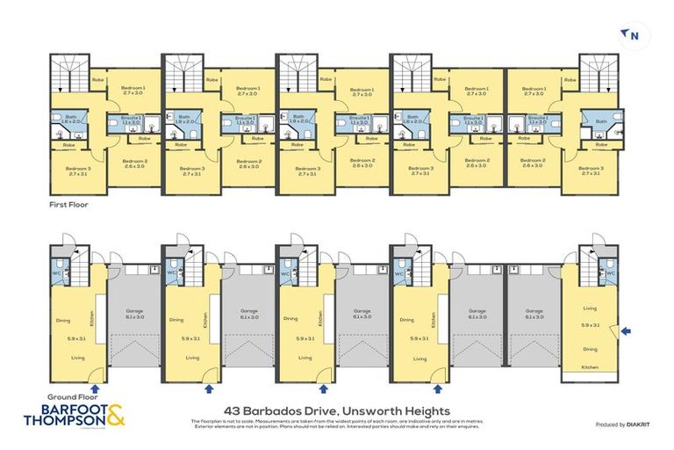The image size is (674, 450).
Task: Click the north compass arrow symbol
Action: (629, 34)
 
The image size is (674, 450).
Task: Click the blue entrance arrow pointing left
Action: (625, 331)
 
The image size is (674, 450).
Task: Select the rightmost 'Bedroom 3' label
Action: (594, 168)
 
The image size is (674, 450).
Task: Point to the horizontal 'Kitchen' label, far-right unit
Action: (590, 367)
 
